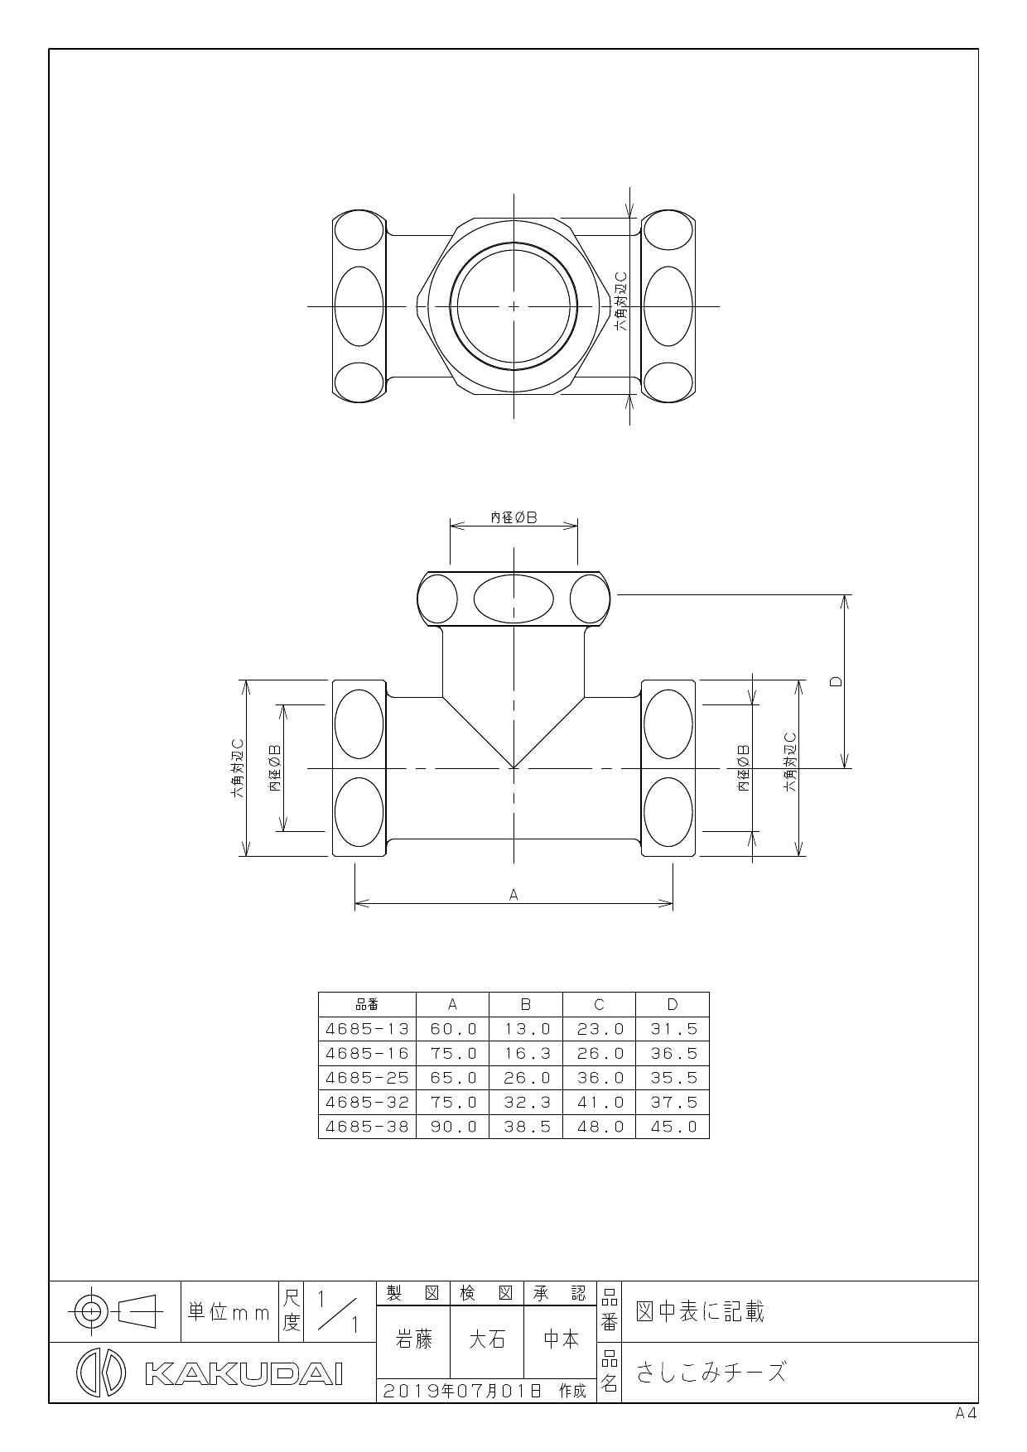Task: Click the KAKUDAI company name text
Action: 243,1373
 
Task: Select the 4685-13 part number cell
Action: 367,1029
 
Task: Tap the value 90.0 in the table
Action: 453,1127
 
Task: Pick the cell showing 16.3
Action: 526,1053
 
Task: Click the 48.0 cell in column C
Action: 599,1127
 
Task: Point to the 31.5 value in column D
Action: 673,1029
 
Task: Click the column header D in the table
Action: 673,1005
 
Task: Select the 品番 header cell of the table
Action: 367,1005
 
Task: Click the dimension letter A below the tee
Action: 513,894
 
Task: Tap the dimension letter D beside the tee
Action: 836,681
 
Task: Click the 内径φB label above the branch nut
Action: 513,517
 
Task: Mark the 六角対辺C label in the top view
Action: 620,303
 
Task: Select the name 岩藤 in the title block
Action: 412,1339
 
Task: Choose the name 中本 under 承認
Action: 560,1339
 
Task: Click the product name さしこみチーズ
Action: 711,1373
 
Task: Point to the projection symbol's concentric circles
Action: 91,1311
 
